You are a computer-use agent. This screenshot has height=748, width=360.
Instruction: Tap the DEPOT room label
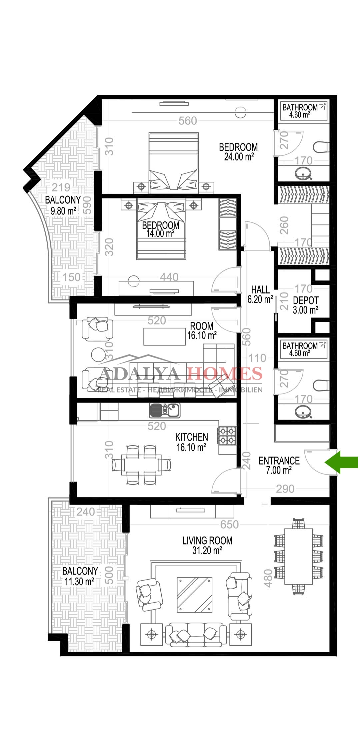(306, 300)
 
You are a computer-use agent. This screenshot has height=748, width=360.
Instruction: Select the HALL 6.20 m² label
(260, 294)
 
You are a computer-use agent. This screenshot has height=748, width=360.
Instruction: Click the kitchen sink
(165, 410)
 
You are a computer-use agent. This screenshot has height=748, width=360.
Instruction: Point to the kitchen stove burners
(227, 436)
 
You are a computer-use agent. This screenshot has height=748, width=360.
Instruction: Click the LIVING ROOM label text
(207, 540)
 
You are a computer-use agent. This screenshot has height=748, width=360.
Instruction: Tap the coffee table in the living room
(195, 595)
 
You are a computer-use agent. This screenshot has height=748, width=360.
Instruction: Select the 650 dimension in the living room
(229, 525)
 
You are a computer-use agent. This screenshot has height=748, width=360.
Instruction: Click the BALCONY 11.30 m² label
(80, 576)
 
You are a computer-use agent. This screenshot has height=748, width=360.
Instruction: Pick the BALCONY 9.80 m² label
(63, 205)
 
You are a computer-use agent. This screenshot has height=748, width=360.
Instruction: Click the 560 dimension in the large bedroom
(188, 121)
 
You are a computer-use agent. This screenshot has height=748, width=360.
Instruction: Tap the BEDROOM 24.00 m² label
(238, 152)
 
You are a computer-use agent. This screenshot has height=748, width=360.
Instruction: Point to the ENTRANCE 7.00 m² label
(279, 465)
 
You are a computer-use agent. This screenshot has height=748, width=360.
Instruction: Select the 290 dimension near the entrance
(285, 489)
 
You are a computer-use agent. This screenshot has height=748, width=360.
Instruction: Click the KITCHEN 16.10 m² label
(191, 442)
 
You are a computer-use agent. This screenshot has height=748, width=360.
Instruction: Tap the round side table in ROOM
(99, 355)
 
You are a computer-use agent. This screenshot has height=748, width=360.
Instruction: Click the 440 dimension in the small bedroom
(169, 277)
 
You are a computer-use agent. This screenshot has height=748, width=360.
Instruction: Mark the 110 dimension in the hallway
(257, 358)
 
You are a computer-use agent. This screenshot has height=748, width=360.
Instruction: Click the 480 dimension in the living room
(268, 579)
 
